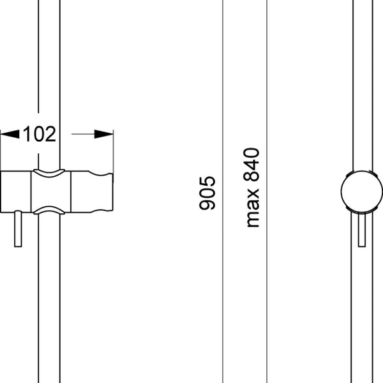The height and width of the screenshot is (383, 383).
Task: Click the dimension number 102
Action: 40,134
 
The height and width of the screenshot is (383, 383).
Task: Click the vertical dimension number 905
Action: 207,193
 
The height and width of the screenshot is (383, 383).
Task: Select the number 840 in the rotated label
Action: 252,165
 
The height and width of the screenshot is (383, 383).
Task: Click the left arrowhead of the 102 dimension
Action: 10,134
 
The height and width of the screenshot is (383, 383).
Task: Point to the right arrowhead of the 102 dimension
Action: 103,134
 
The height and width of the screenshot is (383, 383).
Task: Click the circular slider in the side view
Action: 362,191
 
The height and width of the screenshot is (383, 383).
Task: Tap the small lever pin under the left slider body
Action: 18,229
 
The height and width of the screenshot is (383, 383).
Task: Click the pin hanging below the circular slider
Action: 362,229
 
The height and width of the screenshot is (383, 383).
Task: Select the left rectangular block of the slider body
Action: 16,191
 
